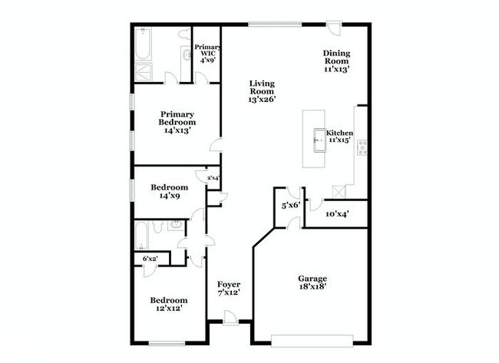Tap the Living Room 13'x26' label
pos(262,91)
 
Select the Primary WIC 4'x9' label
pos(207,53)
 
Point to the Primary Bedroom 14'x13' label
pos(177,122)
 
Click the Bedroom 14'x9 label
pos(169,191)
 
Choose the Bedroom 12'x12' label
pos(168,304)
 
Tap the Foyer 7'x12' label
pos(229,289)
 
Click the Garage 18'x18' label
pos(312,282)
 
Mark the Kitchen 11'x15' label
pos(340,137)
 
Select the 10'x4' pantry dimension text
pos(338,213)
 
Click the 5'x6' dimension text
pos(289,206)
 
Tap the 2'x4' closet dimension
pos(213,178)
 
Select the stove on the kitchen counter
pos(361,147)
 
